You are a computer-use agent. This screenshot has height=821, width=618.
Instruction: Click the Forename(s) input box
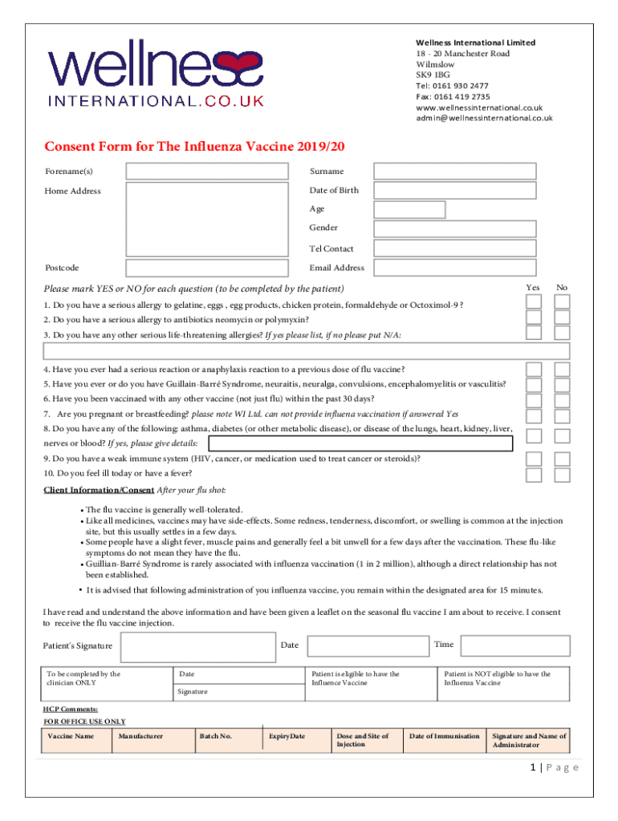(x=206, y=171)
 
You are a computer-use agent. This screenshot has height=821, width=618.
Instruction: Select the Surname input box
(x=456, y=171)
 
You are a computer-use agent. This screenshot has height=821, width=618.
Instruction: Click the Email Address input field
(x=456, y=268)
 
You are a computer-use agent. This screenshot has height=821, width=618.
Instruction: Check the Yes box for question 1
(x=534, y=301)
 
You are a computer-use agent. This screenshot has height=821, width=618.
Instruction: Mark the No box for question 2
(x=562, y=317)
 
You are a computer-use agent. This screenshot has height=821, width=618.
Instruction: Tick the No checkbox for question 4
(x=562, y=369)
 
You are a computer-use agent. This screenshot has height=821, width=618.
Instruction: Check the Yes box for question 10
(x=534, y=475)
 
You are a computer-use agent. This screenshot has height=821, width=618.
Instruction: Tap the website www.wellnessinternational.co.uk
(x=479, y=107)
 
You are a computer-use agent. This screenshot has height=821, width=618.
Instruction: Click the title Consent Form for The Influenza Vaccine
(x=193, y=147)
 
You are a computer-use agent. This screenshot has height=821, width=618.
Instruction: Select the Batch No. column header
(x=216, y=736)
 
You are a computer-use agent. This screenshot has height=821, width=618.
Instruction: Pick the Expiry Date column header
(x=287, y=736)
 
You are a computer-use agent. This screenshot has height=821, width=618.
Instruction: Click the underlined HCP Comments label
(x=71, y=710)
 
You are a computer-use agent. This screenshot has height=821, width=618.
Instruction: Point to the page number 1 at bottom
(x=533, y=767)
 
